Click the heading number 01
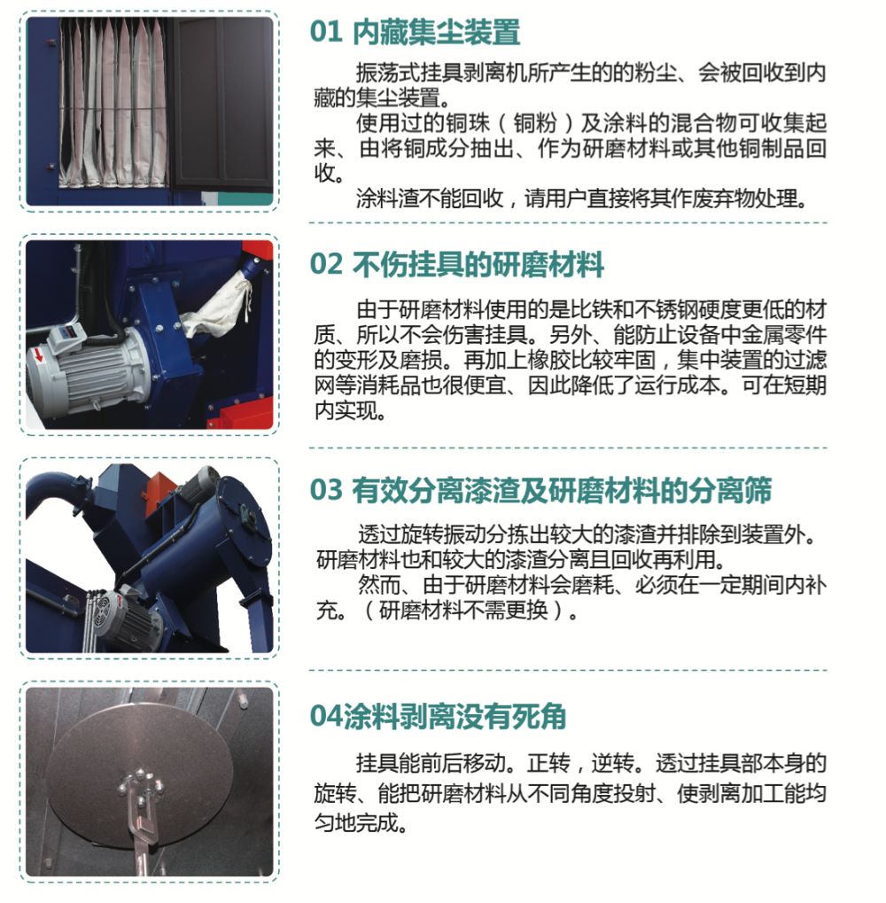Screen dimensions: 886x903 tap(326, 32)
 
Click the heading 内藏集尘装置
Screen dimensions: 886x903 tap(437, 32)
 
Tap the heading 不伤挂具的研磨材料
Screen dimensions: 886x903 tap(478, 265)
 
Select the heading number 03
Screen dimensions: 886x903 tap(326, 491)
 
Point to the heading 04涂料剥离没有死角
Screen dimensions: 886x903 tap(438, 716)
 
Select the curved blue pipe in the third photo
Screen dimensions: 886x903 tap(57, 494)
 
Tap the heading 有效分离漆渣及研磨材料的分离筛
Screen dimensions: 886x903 tap(562, 491)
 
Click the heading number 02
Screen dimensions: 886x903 tap(326, 265)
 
